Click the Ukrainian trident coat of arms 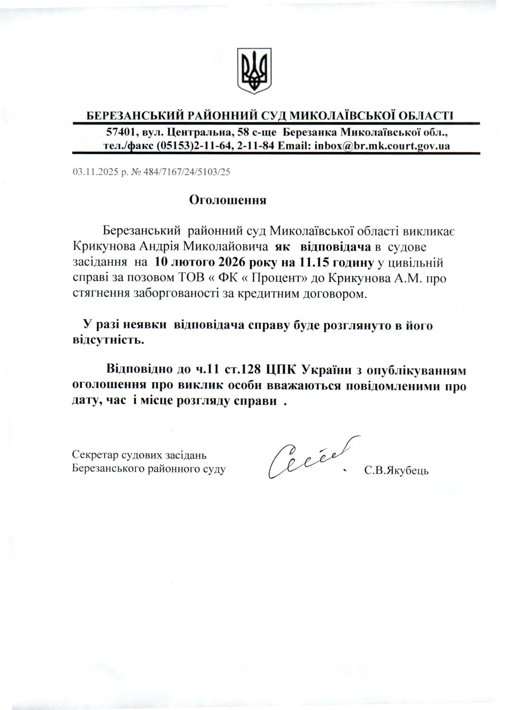coord(254,71)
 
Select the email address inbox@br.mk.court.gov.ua coord(382,146)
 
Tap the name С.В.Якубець coord(396,471)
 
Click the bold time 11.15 coord(313,263)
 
